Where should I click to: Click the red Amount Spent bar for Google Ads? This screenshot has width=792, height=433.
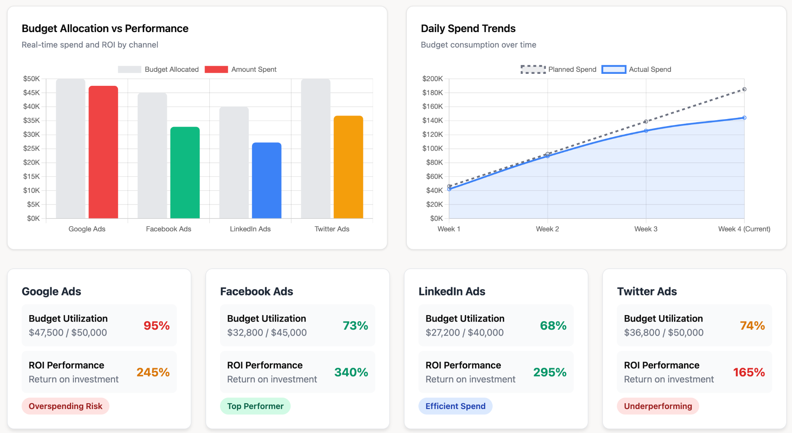click(x=103, y=152)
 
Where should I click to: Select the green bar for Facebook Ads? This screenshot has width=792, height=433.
click(x=185, y=173)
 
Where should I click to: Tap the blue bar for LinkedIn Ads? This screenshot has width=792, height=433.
click(x=266, y=181)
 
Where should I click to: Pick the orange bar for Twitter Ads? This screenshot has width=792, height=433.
click(x=348, y=167)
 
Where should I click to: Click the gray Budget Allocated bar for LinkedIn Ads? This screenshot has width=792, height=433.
click(x=234, y=163)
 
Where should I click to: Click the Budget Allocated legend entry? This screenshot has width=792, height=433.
click(x=159, y=69)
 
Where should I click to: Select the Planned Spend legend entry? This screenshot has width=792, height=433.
click(x=559, y=69)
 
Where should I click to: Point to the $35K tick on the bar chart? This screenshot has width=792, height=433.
click(x=32, y=121)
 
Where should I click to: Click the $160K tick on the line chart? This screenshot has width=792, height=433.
click(x=432, y=106)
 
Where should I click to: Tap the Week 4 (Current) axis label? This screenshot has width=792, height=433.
click(x=744, y=229)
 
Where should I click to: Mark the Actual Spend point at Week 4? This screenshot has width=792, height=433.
click(x=744, y=118)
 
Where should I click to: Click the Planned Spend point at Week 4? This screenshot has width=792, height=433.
click(x=744, y=89)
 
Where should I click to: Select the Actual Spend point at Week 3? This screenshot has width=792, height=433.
click(x=646, y=131)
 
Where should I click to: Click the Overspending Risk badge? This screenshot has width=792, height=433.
click(x=65, y=406)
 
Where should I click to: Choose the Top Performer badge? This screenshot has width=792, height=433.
click(x=255, y=406)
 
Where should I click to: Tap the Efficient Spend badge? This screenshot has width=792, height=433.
click(x=455, y=406)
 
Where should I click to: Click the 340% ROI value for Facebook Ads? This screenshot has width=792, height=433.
click(x=351, y=372)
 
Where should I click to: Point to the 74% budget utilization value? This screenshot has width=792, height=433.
click(x=752, y=326)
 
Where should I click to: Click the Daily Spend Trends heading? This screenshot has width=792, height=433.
click(x=468, y=29)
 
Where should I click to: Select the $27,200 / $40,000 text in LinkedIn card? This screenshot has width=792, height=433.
click(x=464, y=332)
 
